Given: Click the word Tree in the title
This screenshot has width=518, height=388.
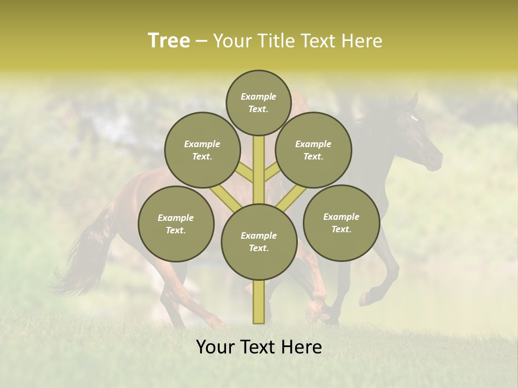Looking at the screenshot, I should (x=169, y=40).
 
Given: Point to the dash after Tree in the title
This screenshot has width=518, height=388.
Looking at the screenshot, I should (x=201, y=41).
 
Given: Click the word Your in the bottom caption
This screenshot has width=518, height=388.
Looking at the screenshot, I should (x=216, y=347).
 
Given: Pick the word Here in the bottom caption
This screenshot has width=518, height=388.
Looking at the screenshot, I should (x=301, y=347).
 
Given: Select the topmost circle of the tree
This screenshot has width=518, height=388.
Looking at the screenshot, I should (x=258, y=103).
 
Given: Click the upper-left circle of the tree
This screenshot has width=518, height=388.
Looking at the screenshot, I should (x=202, y=150).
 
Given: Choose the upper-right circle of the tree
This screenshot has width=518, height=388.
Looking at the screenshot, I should (x=313, y=150).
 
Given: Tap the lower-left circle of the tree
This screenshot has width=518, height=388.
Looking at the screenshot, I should (x=176, y=224).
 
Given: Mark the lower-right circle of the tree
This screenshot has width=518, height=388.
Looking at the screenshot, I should (x=341, y=223).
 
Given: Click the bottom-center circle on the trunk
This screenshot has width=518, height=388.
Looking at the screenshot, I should (x=258, y=242).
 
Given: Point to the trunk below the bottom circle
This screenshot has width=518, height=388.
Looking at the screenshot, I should (x=258, y=302).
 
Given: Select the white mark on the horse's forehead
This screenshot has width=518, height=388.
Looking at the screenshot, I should (x=414, y=118).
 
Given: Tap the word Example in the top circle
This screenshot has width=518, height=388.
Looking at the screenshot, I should (x=258, y=97).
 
